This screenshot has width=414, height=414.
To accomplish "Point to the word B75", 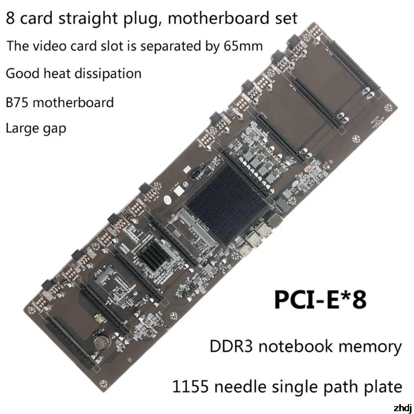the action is tap(17, 102).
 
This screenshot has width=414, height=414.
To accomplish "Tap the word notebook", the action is tap(300, 347).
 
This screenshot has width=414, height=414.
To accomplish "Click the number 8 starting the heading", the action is tap(10, 18).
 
